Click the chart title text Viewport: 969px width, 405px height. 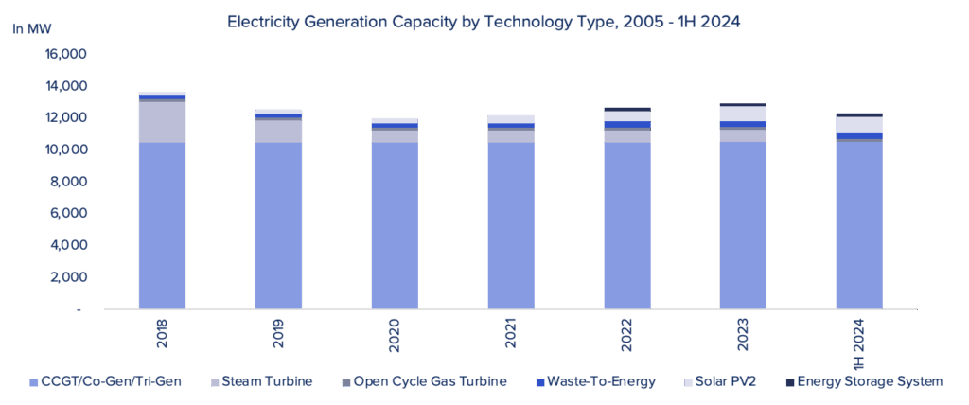click(x=484, y=21)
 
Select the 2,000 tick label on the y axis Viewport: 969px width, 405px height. click(x=69, y=277)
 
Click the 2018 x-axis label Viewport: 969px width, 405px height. click(x=163, y=331)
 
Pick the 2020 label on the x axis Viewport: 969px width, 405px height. click(x=395, y=331)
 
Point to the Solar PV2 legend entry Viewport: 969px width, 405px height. click(x=724, y=382)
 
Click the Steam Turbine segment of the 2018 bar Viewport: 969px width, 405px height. click(x=163, y=121)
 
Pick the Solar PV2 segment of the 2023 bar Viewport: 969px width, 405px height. click(x=743, y=114)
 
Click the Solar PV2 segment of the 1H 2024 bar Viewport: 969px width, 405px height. click(x=859, y=125)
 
